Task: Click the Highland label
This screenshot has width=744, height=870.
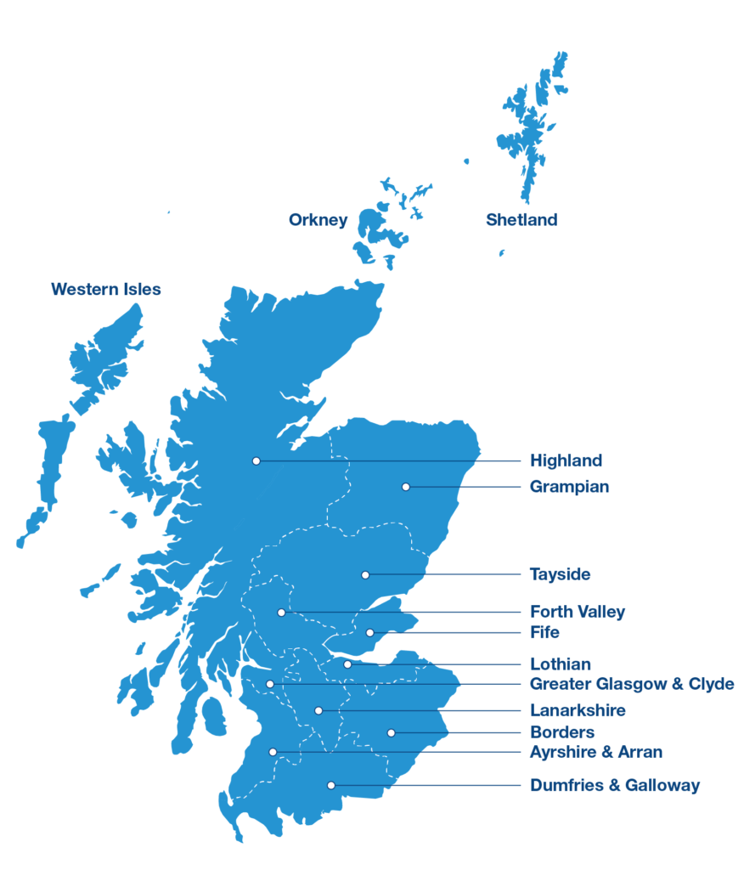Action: tap(566, 460)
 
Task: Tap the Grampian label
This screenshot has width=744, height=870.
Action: tap(569, 487)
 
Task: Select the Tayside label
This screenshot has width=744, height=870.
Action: tap(560, 574)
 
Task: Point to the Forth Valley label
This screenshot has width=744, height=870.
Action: tap(577, 612)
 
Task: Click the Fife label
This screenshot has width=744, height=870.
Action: tap(544, 633)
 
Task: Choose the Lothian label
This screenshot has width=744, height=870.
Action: tap(560, 664)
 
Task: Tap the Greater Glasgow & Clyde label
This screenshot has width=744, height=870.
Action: tap(632, 684)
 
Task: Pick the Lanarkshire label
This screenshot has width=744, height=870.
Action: tap(578, 710)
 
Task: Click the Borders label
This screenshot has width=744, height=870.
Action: tap(561, 732)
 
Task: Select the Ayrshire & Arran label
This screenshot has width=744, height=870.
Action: tap(596, 752)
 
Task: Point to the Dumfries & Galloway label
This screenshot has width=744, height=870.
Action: tap(615, 785)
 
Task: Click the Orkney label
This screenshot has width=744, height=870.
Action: tap(318, 220)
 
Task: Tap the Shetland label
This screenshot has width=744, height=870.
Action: tap(521, 220)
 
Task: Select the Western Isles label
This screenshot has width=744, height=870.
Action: tap(105, 290)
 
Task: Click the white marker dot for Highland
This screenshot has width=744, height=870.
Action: tap(256, 460)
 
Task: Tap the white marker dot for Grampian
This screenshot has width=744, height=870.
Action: tap(406, 487)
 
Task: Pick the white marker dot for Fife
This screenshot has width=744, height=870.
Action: tap(370, 633)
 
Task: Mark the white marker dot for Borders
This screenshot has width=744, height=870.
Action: tap(392, 732)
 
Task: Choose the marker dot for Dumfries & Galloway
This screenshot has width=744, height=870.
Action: tap(331, 785)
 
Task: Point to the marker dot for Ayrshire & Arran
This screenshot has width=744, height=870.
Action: tap(273, 752)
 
